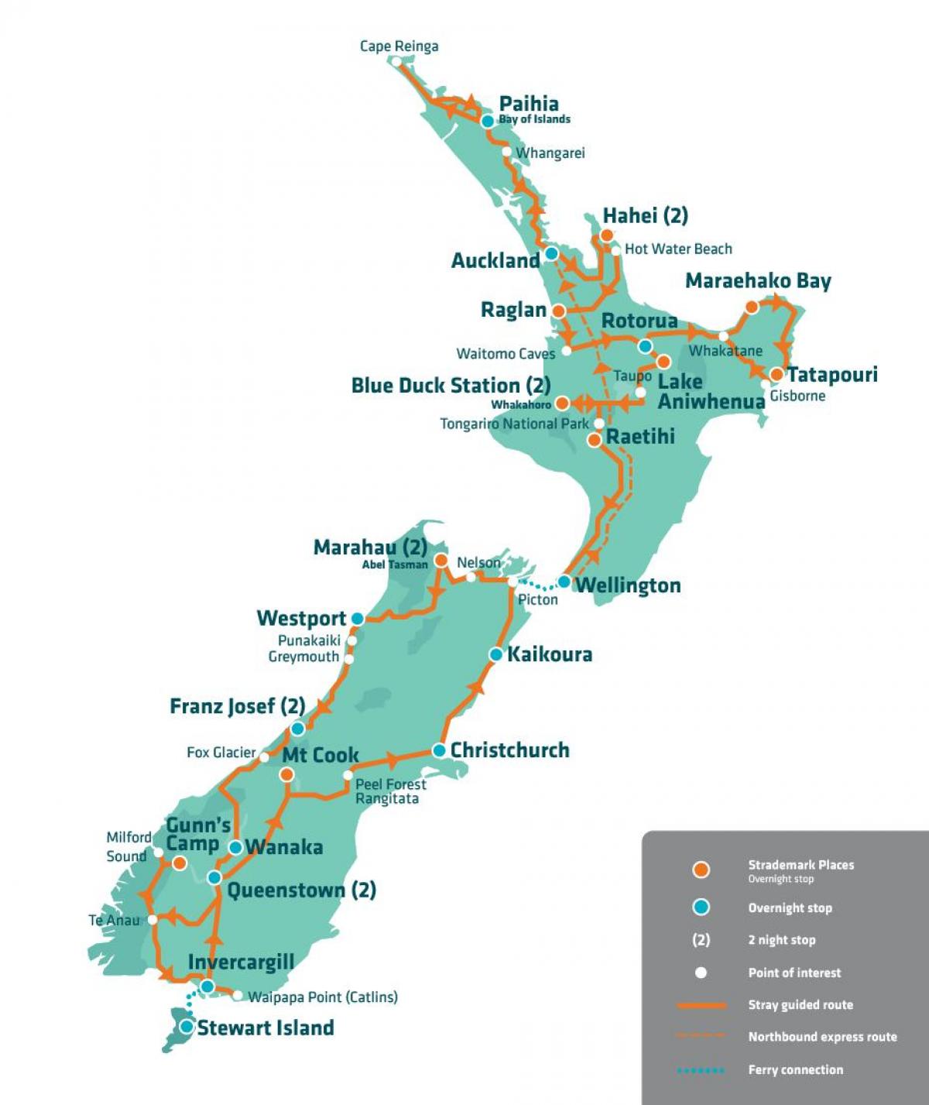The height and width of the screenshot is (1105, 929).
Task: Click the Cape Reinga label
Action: [399, 46]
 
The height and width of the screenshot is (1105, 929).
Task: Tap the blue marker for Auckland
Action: [551, 253]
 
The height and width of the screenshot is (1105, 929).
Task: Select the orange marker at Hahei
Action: [607, 235]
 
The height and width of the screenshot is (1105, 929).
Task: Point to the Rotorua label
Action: [639, 321]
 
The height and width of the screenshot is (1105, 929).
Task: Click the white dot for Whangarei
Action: [507, 152]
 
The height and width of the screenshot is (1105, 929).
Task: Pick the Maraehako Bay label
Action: [758, 281]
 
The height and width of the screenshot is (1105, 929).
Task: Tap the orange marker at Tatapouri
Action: [776, 375]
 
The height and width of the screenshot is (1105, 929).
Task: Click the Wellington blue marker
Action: [564, 582]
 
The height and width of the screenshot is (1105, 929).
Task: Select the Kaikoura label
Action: [550, 654]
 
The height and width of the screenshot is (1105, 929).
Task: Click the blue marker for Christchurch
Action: [439, 750]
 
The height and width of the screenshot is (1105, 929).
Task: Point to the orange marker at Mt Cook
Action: [287, 774]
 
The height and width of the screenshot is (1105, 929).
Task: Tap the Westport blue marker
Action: [357, 619]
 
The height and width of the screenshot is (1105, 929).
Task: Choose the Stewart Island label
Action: [266, 1028]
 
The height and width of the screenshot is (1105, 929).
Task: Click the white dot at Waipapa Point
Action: [238, 996]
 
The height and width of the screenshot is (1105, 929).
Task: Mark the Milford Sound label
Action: [129, 846]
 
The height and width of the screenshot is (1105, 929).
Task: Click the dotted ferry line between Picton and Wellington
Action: [538, 585]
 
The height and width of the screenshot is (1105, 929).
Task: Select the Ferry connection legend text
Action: [795, 1069]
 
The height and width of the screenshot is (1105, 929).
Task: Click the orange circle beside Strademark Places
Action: [701, 870]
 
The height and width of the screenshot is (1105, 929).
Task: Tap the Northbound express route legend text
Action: [822, 1037]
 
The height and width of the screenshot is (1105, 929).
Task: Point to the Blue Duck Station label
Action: [451, 386]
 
